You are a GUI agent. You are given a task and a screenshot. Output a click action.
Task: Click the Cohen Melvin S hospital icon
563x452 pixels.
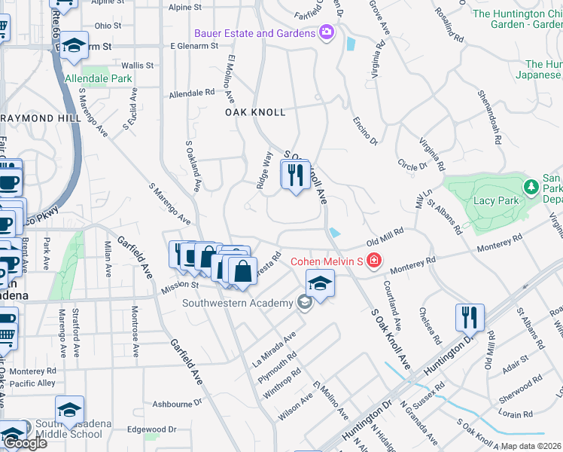[x=374, y=261]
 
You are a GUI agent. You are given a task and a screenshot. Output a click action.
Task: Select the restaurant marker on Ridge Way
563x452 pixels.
[x=295, y=176]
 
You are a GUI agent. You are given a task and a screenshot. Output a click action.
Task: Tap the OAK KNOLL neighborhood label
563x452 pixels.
[x=255, y=112]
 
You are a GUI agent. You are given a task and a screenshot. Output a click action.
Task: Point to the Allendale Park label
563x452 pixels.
[x=99, y=78]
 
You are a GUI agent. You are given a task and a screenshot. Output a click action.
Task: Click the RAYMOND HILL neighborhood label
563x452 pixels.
[x=35, y=118]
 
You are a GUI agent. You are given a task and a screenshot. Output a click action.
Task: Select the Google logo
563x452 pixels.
[x=25, y=443]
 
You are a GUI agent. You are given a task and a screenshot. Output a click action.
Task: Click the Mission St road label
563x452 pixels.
[x=179, y=285]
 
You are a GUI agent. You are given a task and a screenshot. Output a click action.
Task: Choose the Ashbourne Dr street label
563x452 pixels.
[x=172, y=404]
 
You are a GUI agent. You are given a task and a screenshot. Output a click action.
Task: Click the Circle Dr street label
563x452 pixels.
[x=412, y=164]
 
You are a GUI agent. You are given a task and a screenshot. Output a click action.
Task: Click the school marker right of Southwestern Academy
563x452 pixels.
[x=320, y=284]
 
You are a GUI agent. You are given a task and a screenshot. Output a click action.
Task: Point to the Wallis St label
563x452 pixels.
[x=137, y=66]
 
